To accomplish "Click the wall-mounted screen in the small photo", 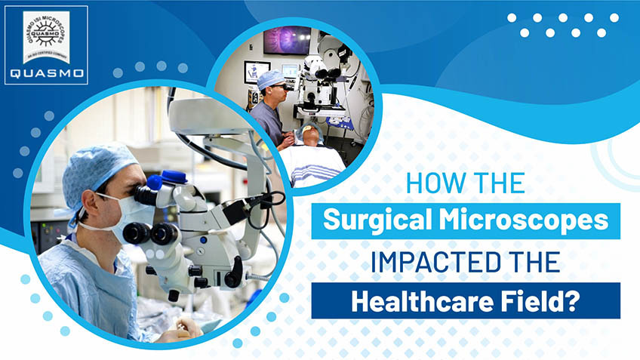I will (x=286, y=39).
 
